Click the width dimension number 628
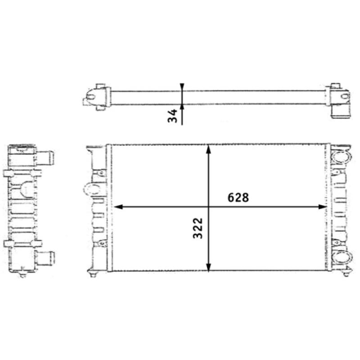point(238,198)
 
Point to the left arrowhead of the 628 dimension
point(118,207)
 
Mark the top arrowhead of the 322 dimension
point(208,149)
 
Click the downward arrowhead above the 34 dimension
point(182,88)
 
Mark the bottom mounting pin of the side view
point(21,275)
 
